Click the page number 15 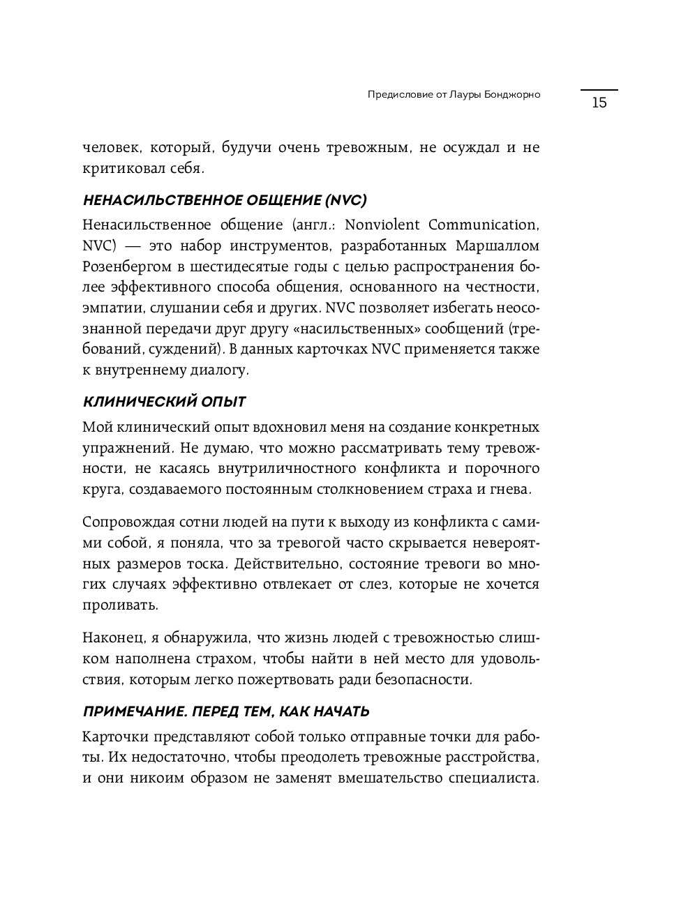click(599, 103)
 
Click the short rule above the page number click(599, 90)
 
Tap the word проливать click(110, 605)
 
